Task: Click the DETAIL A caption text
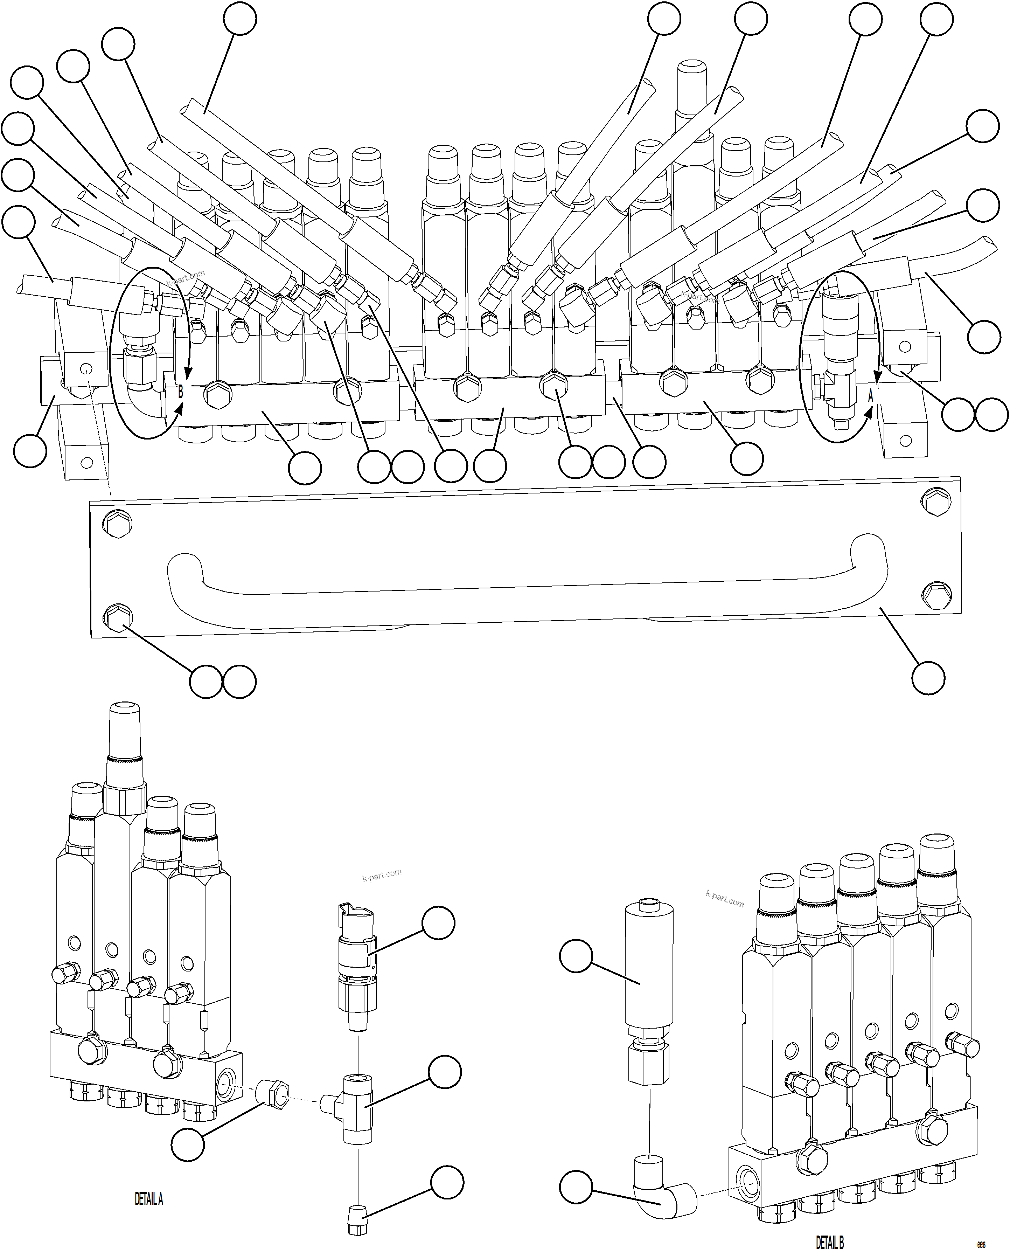[x=149, y=1199]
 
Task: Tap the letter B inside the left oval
[x=180, y=392]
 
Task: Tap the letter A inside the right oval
[x=870, y=395]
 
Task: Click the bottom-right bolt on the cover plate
[x=937, y=594]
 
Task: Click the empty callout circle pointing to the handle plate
[x=928, y=678]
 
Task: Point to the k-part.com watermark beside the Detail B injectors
[x=724, y=898]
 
